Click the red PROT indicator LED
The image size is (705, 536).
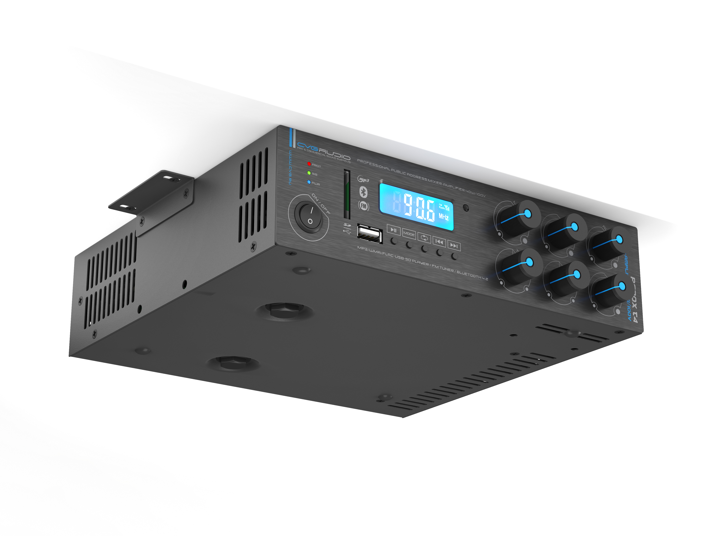tap(309, 164)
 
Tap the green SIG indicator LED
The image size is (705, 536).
tap(309, 173)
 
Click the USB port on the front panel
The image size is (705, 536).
tap(370, 234)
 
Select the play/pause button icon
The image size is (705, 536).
tap(393, 230)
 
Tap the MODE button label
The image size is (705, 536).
tap(409, 234)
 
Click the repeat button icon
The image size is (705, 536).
tap(424, 238)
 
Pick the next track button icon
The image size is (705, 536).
tap(454, 246)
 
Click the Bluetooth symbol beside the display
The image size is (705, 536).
tap(363, 192)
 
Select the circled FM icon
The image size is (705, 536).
tap(364, 206)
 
